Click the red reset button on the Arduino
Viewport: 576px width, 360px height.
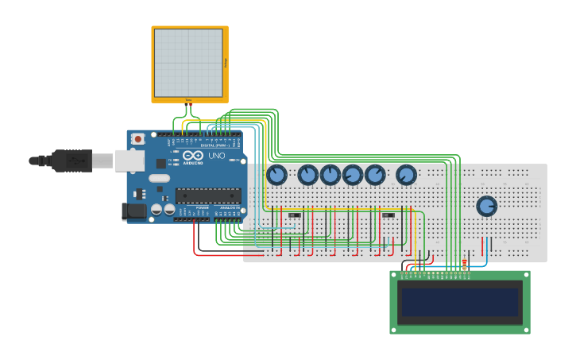pos(138,138)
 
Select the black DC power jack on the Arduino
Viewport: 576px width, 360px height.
pos(133,211)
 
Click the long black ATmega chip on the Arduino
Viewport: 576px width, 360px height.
pos(208,195)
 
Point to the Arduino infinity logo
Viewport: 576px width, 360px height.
pos(193,157)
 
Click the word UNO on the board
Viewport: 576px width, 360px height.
pos(217,157)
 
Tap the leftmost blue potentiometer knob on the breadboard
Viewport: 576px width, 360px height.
pos(276,174)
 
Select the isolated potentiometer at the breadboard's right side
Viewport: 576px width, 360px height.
pos(486,206)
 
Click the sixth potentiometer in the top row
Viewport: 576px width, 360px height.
pos(406,174)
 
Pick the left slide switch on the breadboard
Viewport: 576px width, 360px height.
pos(295,215)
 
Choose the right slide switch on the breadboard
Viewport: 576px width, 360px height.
pos(389,215)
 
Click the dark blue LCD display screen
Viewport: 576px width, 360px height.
pos(460,303)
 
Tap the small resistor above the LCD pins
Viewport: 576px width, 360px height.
pos(464,264)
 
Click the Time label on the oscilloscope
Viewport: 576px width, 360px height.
pos(188,99)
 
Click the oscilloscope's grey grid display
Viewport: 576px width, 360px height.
pos(188,63)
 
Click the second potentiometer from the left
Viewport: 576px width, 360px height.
pos(307,174)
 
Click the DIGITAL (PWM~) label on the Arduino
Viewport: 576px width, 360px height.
pos(215,145)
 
